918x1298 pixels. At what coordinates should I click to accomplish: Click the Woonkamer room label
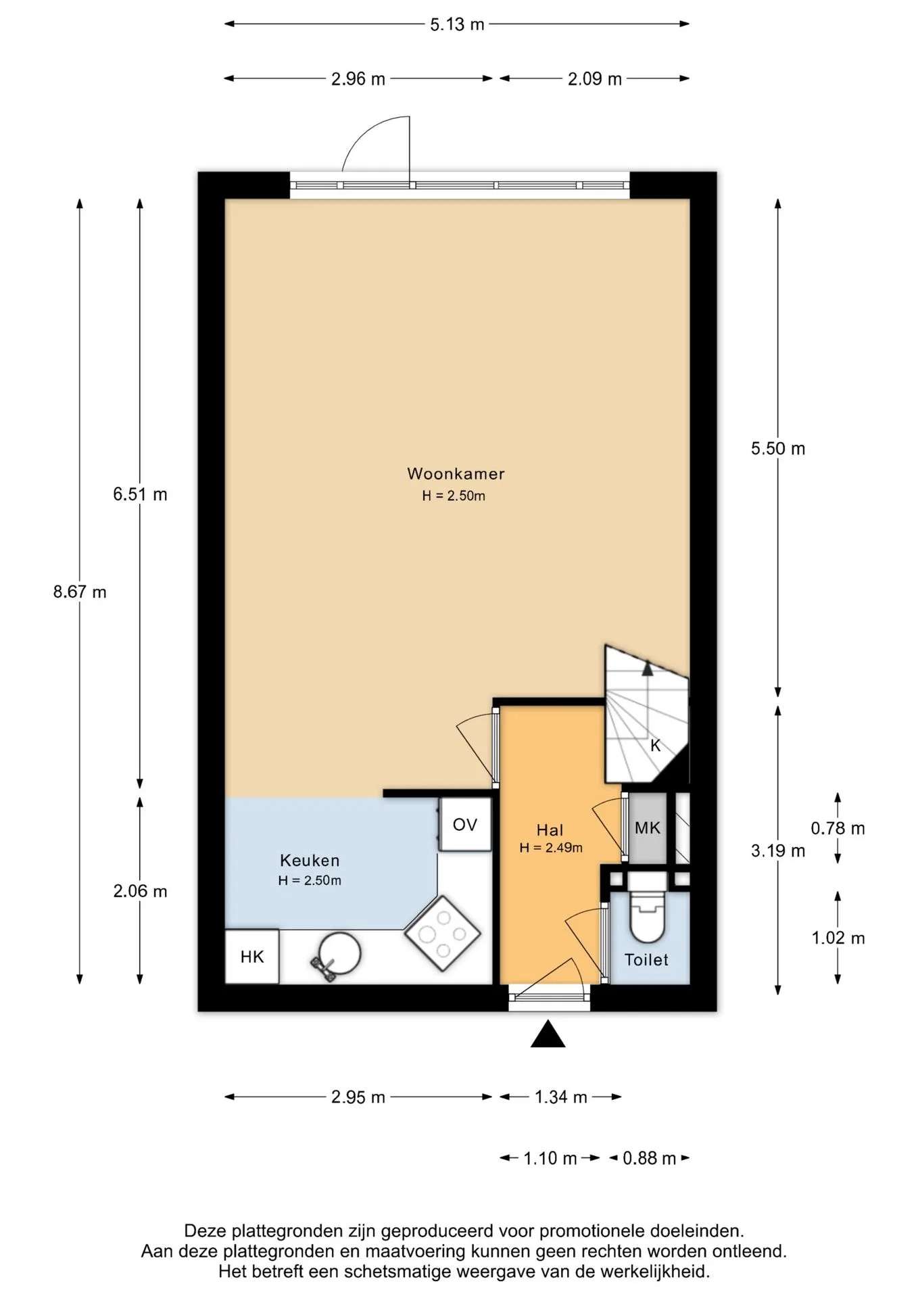456,474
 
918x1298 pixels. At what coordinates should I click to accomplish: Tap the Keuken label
310,861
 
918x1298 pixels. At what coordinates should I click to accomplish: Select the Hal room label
550,830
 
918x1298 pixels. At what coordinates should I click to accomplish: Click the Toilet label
646,960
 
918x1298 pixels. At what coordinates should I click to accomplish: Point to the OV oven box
465,824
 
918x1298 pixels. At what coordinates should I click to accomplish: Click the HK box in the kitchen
252,957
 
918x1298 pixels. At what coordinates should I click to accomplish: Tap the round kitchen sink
339,953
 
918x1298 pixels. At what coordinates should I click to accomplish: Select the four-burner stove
443,934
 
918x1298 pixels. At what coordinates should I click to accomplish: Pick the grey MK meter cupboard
648,827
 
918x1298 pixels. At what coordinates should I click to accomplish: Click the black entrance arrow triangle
548,1034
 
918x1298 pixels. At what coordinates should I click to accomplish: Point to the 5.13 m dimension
457,24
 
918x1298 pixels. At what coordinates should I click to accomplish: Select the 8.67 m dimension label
80,592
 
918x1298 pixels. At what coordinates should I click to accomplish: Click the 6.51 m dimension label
140,494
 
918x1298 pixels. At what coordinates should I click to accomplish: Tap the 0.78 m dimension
838,828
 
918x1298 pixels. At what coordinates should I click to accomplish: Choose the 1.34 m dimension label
561,1097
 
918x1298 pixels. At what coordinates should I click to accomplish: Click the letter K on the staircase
655,746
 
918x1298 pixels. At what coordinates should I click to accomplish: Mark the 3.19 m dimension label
778,850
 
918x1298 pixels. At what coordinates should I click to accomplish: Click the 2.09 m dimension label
595,79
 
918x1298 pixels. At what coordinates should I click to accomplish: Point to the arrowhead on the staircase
648,669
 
